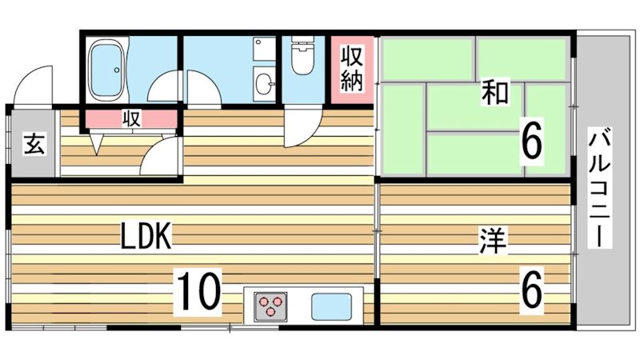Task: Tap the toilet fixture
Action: tap(302, 58)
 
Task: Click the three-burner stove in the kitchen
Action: tap(271, 306)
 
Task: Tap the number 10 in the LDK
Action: tap(197, 291)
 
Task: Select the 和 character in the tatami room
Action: tap(494, 93)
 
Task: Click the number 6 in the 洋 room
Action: tap(532, 292)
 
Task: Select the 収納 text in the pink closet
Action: tap(353, 69)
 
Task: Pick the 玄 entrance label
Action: tap(34, 145)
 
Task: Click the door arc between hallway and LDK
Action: tap(160, 156)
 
